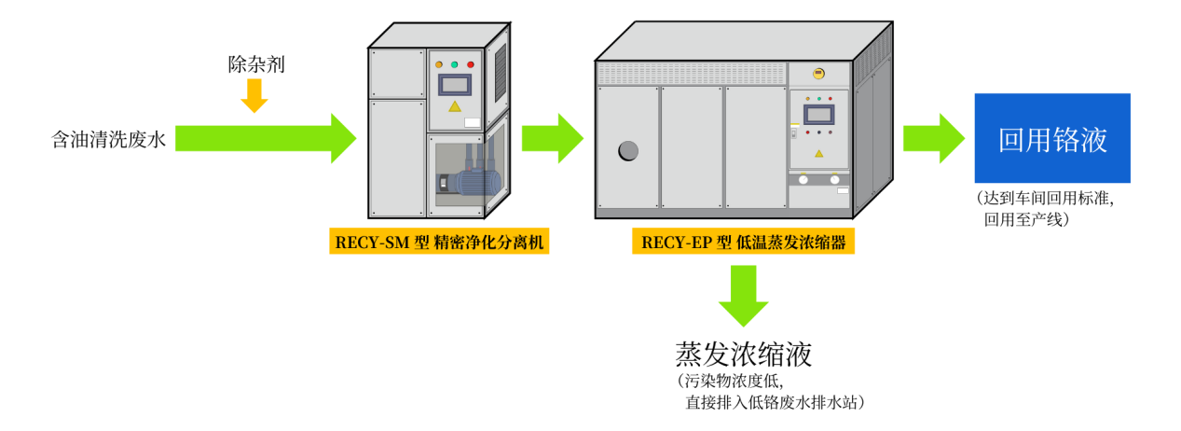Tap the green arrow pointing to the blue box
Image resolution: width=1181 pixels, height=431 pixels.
click(933, 138)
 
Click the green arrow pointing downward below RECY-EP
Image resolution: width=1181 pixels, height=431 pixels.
click(743, 295)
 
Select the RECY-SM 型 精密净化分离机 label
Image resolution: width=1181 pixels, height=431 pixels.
click(439, 242)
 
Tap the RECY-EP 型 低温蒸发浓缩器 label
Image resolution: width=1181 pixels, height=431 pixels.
click(743, 242)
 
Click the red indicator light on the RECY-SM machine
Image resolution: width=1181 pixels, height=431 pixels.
click(471, 64)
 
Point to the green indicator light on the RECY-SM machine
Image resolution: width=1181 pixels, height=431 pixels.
click(455, 64)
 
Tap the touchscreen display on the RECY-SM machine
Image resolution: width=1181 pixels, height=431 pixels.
click(455, 85)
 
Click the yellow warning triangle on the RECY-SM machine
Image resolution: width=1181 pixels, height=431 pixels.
click(455, 106)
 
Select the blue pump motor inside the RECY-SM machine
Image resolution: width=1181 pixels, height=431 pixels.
click(477, 182)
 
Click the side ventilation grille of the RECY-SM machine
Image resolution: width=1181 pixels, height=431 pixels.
click(501, 72)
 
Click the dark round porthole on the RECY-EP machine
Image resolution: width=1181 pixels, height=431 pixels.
click(628, 150)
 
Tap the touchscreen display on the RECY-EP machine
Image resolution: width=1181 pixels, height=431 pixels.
click(818, 114)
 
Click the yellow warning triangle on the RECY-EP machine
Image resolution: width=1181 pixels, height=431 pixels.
click(819, 153)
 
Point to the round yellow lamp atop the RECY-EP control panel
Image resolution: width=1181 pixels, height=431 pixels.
click(818, 73)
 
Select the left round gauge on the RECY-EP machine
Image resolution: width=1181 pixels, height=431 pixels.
click(803, 179)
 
